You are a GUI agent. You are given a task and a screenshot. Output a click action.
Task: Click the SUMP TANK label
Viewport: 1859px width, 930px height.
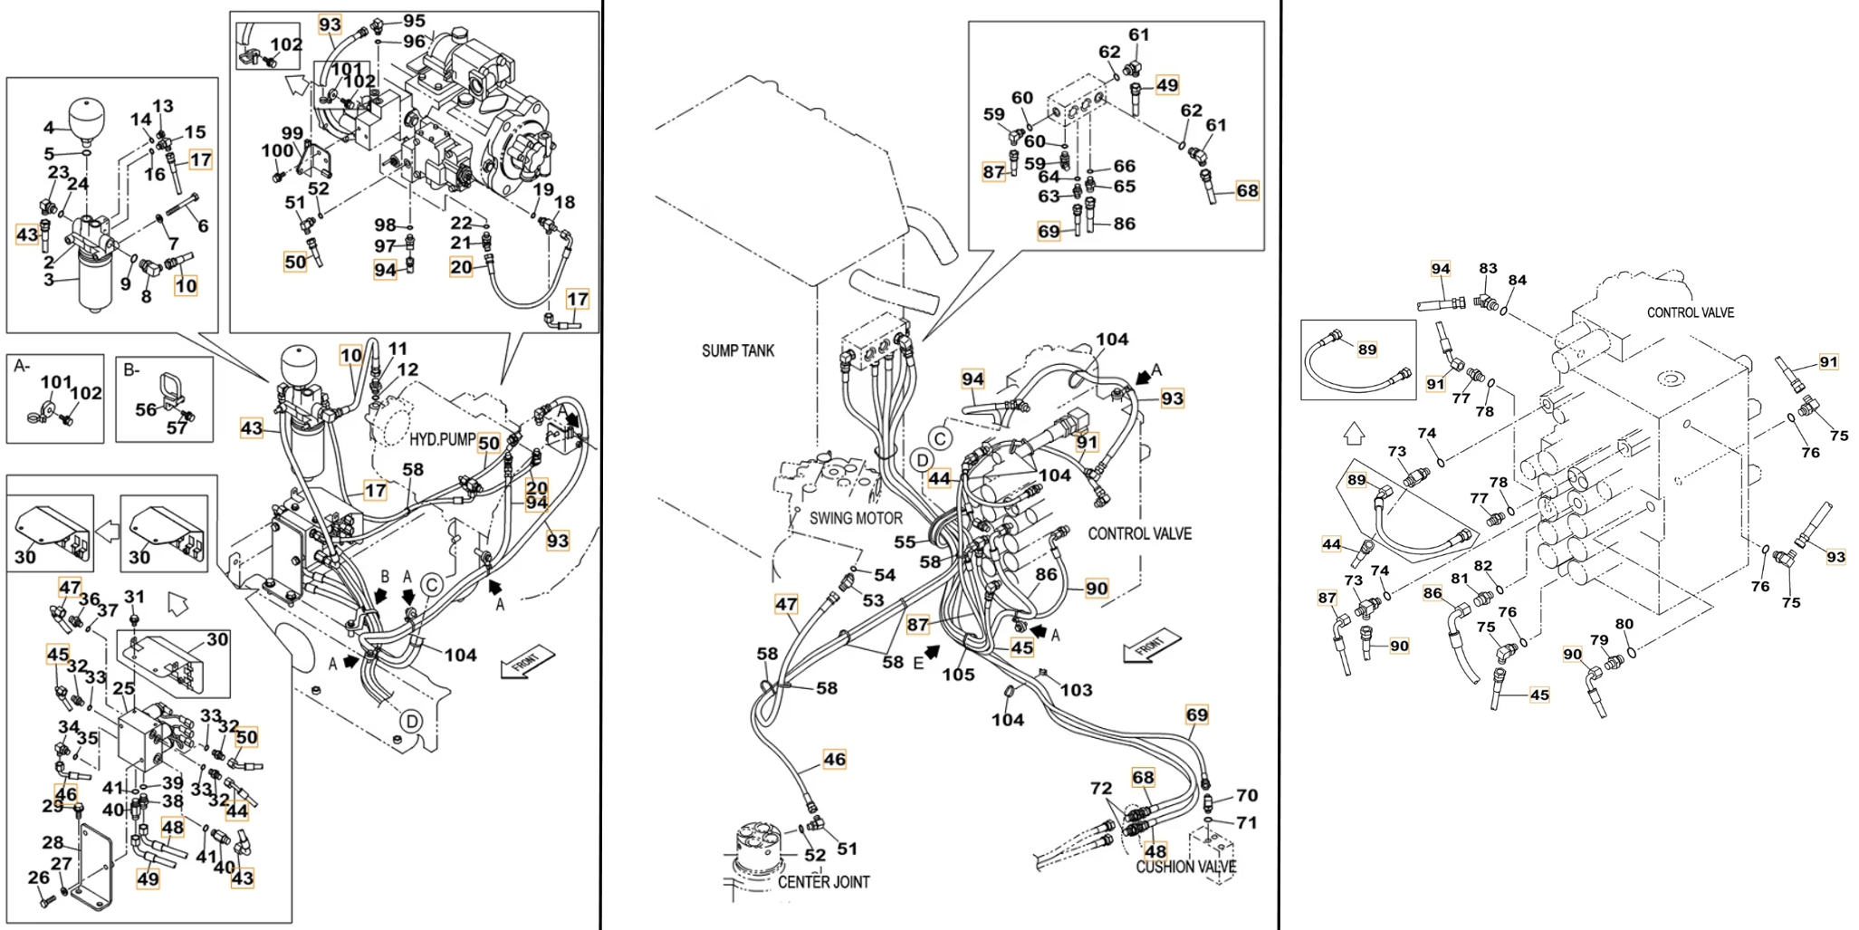pos(738,351)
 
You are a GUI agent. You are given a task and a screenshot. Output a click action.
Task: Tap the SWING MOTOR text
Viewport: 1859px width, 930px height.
pos(856,518)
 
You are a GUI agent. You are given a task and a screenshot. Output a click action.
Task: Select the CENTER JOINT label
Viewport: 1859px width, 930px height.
pos(823,882)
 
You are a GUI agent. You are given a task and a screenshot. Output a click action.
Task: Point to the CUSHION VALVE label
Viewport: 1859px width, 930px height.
pos(1186,867)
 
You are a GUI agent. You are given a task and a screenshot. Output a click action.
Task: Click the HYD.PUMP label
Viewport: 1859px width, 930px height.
pos(443,439)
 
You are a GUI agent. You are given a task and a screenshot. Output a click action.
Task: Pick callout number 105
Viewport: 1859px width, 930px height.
pos(958,675)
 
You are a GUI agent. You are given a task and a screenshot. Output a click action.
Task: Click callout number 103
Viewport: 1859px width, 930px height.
pos(1077,690)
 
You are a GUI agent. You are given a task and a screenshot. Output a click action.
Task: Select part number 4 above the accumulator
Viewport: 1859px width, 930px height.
pos(49,128)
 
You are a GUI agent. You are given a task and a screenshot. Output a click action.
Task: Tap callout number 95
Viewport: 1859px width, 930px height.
pos(414,21)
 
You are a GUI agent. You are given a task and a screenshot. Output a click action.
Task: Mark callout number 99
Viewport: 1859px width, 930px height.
pos(292,133)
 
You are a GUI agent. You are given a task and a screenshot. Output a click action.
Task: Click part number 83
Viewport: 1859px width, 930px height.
pos(1488,269)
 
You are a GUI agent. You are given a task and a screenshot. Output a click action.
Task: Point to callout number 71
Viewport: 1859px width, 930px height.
pos(1247,823)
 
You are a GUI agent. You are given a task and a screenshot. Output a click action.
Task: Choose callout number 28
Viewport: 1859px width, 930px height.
pos(53,843)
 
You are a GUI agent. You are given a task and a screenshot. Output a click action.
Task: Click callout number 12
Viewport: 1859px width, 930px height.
pos(407,369)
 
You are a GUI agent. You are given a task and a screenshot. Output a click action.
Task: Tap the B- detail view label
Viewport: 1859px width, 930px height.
pos(131,369)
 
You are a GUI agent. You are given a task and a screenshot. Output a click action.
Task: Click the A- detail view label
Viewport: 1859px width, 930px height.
pos(22,366)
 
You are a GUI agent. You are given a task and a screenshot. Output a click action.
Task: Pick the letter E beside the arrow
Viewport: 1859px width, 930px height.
pos(918,663)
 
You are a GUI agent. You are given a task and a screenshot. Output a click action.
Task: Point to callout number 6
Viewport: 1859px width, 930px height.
pos(203,225)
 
